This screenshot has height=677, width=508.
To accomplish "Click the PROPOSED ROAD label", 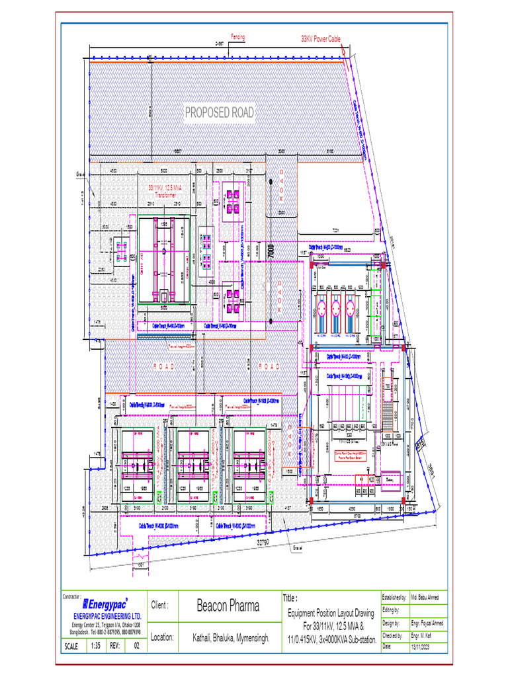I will [219, 113].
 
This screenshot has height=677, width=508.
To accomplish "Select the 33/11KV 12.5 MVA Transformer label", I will [165, 192].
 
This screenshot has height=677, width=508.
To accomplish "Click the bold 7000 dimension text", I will [270, 252].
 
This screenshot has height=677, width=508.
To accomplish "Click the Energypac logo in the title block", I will [105, 604].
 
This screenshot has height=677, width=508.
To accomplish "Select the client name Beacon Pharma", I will [228, 606].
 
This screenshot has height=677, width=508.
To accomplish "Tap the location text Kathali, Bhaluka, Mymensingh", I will [228, 639].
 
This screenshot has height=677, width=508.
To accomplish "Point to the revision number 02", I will [136, 646].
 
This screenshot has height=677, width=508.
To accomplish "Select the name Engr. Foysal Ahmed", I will [427, 623].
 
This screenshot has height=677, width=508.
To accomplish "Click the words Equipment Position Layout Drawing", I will [330, 614].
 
